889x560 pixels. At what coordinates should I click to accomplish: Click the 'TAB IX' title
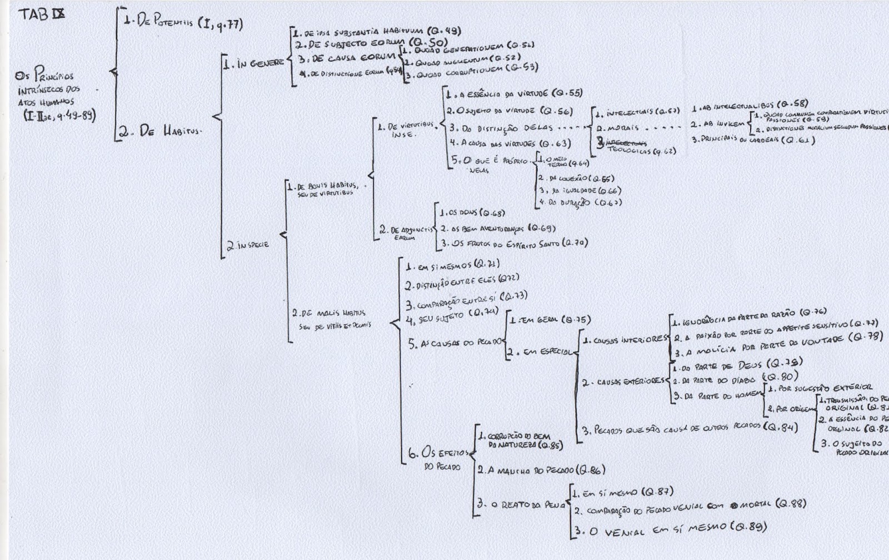coord(42,14)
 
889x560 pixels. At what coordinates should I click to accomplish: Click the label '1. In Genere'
coord(253,64)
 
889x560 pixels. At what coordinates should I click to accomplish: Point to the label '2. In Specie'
coord(248,244)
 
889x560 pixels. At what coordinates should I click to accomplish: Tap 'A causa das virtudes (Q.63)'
coord(510,143)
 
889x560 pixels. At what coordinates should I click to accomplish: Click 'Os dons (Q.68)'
coord(472,213)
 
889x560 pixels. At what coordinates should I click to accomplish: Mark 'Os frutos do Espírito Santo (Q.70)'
coord(514,242)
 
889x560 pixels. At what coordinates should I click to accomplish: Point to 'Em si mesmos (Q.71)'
coord(452,266)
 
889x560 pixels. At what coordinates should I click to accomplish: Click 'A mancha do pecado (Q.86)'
coord(541,470)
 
